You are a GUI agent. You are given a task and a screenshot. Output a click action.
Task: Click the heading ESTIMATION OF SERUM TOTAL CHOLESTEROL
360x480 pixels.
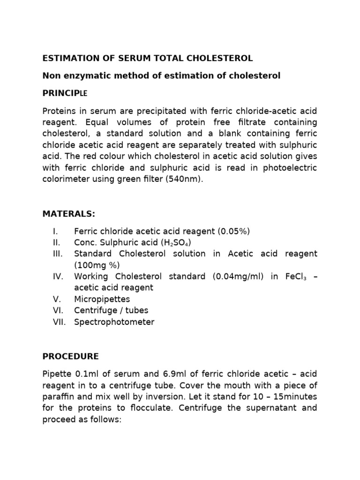tap(148, 58)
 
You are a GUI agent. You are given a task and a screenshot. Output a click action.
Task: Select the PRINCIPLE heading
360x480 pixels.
tap(65, 93)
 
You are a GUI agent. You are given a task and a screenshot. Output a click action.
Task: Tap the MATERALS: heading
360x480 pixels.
tap(68, 214)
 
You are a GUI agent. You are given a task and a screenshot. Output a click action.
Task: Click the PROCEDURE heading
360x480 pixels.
tap(70, 356)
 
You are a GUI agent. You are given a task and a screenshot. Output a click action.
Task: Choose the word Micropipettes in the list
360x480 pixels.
tap(102, 299)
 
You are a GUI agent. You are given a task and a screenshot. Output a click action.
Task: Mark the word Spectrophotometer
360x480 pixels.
tap(114, 322)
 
